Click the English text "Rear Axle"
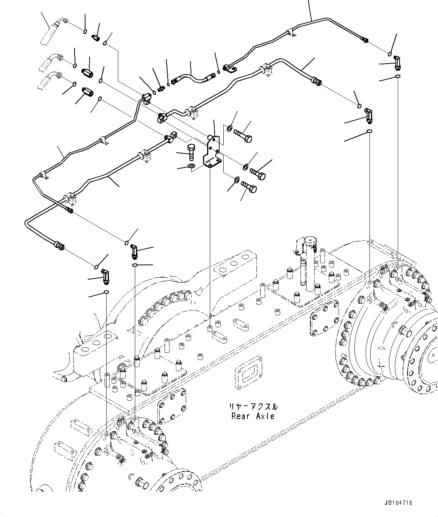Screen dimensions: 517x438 (253, 416)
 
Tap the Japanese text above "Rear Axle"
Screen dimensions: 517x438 (253, 407)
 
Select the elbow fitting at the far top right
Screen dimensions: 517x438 (397, 62)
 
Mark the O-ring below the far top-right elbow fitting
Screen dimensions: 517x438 (398, 77)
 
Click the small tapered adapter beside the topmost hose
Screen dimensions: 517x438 (95, 37)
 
